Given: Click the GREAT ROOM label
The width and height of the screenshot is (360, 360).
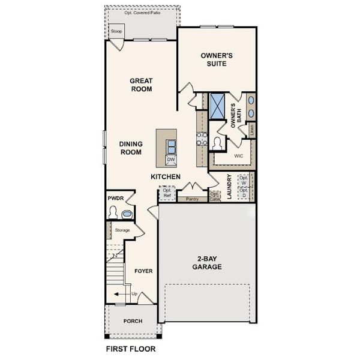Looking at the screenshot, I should [x=142, y=85].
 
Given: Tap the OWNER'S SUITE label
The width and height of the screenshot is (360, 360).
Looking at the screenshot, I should [x=216, y=59].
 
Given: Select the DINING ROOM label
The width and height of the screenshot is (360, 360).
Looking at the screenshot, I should [x=130, y=148].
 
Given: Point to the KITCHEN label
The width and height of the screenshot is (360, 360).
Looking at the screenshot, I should [x=166, y=177].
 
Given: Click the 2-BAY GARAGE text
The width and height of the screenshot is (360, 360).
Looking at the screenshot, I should [x=208, y=263].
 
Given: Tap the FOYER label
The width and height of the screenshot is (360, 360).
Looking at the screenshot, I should [x=143, y=271].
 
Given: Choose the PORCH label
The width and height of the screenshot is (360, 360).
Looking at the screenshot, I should [x=133, y=321].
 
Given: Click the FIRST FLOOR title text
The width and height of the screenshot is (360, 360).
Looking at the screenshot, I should [x=130, y=349].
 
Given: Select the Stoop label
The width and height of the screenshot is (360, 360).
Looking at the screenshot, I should [x=116, y=31].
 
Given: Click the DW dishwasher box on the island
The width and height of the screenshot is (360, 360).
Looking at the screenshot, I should [x=171, y=160].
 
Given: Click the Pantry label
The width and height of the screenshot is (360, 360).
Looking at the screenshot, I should [x=192, y=199].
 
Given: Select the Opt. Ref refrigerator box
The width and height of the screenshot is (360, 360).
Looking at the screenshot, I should [x=167, y=193].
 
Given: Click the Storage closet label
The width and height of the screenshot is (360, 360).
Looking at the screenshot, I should [x=122, y=230].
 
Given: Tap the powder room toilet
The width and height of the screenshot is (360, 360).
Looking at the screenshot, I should [x=113, y=212].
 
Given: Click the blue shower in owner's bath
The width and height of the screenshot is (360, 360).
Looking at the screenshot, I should [x=217, y=105].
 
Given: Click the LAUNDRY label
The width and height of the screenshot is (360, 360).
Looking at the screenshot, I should [x=229, y=187].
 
